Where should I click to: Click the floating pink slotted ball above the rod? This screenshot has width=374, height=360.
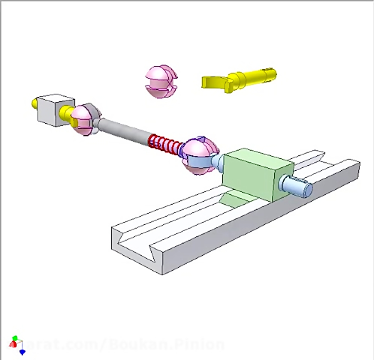[161, 81]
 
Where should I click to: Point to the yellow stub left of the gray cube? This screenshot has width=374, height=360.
[34, 103]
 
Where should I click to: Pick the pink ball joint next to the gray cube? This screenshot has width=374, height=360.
[84, 119]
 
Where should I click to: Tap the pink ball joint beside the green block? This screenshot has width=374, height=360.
[199, 155]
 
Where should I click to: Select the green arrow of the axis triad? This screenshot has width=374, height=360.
[15, 338]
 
